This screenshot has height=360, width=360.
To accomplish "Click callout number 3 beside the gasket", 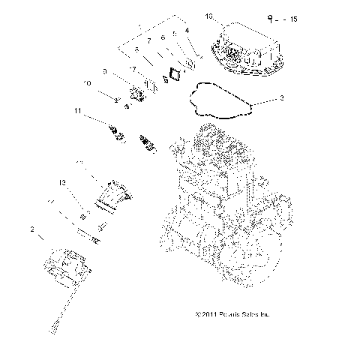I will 281,97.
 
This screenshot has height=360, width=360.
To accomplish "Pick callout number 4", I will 186,31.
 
